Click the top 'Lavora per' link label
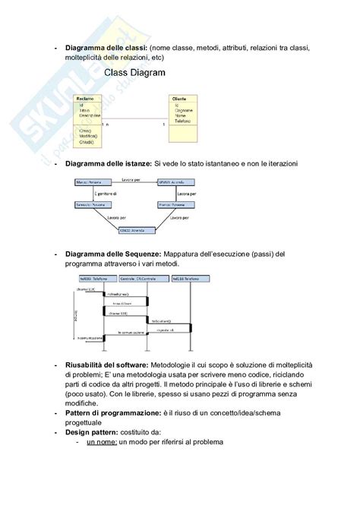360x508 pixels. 131,179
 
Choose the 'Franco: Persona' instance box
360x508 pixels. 172,206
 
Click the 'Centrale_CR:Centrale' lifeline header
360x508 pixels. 137,279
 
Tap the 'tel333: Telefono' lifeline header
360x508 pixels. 90,279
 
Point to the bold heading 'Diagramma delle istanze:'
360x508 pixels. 109,163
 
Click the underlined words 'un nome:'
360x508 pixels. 104,442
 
